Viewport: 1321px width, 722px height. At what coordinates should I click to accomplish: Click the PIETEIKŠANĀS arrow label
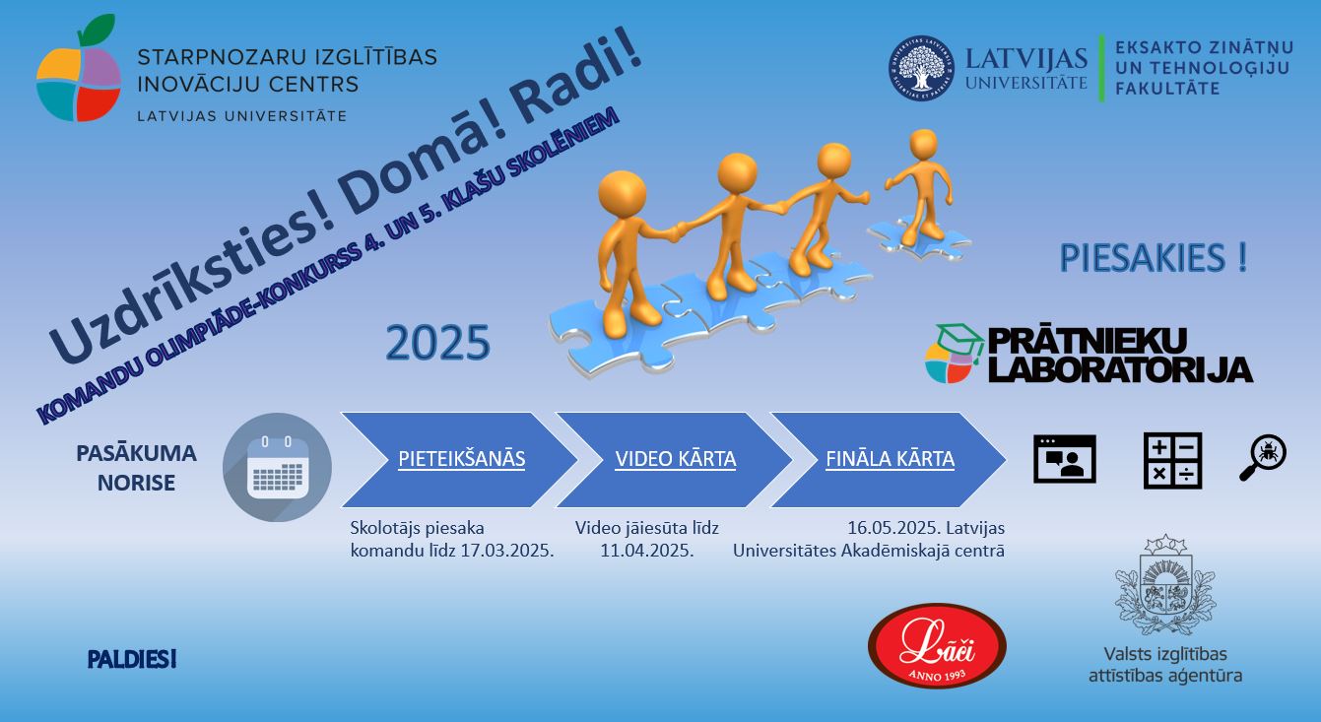[462, 459]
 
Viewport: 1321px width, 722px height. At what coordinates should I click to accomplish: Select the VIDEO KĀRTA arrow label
[676, 459]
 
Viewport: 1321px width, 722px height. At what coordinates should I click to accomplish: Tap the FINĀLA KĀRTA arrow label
[890, 459]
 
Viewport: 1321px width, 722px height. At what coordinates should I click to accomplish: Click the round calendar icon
[277, 467]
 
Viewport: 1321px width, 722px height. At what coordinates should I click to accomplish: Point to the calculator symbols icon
[1172, 461]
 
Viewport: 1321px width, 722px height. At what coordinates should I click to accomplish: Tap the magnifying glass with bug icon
[1263, 458]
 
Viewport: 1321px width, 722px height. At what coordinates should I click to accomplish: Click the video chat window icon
[1065, 459]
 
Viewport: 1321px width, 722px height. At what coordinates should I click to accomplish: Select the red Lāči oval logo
[937, 646]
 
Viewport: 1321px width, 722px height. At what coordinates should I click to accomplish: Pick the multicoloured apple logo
[79, 70]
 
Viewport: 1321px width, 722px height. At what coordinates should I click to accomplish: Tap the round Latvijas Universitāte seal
[921, 68]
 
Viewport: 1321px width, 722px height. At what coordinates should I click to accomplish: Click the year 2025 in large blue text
[437, 343]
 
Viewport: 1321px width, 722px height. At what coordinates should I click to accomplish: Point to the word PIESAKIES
[1142, 258]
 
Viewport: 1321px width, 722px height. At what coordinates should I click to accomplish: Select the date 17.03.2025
[507, 551]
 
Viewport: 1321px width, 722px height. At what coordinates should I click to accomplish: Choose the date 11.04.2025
[647, 551]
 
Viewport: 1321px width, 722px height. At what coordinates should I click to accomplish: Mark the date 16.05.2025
[893, 527]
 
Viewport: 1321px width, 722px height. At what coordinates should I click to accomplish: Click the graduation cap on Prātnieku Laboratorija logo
[960, 340]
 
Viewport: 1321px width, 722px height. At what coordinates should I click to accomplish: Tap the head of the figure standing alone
[923, 145]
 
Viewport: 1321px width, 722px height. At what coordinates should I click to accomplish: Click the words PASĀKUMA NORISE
[136, 468]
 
